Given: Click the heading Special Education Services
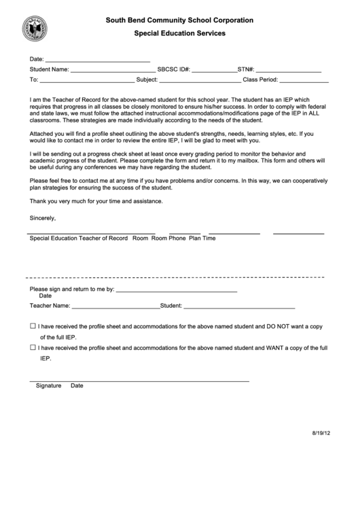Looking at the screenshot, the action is [x=179, y=33].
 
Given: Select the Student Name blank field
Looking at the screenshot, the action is [x=113, y=71].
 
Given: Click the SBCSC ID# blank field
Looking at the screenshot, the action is [x=214, y=71].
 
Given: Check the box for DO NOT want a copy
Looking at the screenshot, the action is [x=33, y=326].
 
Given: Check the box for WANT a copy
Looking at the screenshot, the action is [x=33, y=347].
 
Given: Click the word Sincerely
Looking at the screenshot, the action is [x=43, y=218].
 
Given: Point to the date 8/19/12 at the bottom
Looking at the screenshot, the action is [x=321, y=432].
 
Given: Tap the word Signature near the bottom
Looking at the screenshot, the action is [x=48, y=385].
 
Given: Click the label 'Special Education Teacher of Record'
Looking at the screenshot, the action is [x=79, y=239].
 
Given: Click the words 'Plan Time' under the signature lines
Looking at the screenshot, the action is [x=202, y=239].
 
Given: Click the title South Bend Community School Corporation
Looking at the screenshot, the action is [x=179, y=21].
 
